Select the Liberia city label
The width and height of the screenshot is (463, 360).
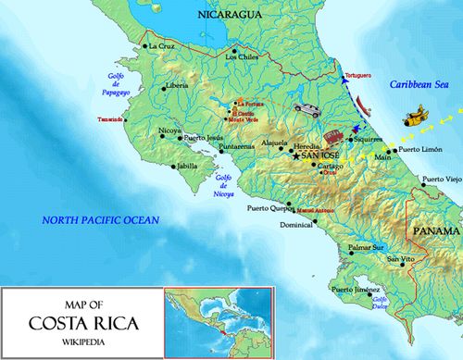(178, 86)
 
